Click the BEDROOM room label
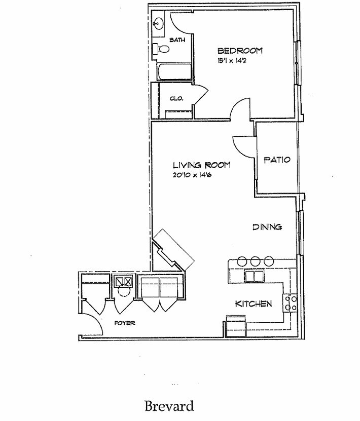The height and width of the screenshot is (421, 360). [x=240, y=51]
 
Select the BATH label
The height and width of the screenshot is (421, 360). [x=177, y=40]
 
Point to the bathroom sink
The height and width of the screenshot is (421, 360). [x=158, y=23]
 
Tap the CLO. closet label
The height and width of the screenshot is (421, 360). [x=177, y=98]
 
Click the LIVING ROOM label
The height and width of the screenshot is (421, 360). [x=201, y=165]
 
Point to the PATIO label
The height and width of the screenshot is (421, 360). [x=277, y=160]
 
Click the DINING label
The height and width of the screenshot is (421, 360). [x=267, y=227]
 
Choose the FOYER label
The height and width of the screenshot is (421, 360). [x=124, y=323]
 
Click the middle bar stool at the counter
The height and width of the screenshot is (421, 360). [x=255, y=261]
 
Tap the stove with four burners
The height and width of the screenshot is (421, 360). [x=291, y=303]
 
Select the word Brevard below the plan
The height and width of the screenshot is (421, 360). [x=169, y=405]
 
